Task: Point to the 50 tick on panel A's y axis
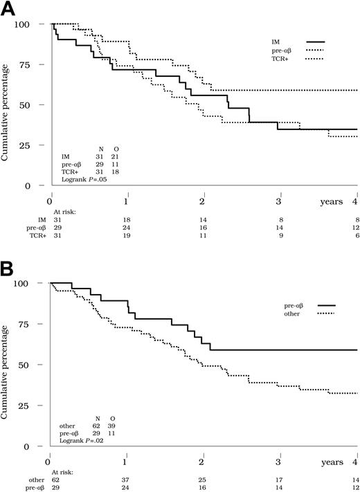tap(40, 105)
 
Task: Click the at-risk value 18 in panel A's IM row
tap(127, 219)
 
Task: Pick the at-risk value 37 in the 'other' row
tap(126, 479)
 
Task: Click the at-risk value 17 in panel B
tap(279, 479)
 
